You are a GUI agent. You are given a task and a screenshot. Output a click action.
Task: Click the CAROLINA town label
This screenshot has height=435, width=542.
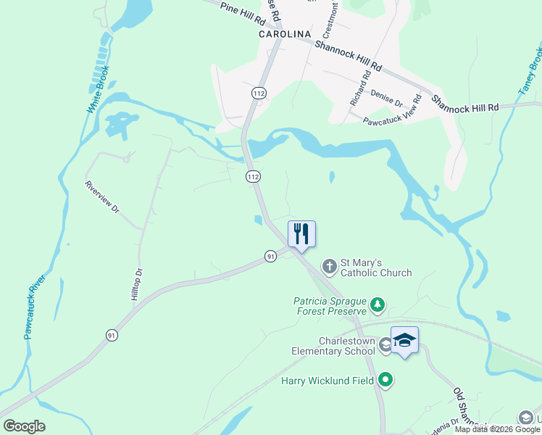pyautogui.click(x=285, y=34)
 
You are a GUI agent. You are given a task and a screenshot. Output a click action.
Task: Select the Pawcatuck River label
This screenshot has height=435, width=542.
pyautogui.click(x=34, y=307)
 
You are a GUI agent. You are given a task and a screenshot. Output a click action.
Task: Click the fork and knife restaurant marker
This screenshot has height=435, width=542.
pyautogui.click(x=301, y=233)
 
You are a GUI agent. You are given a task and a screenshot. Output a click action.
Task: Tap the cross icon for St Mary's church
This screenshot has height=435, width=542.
pyautogui.click(x=329, y=266)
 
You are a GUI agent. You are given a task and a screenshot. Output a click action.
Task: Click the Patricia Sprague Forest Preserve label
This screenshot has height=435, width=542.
pyautogui.click(x=330, y=306)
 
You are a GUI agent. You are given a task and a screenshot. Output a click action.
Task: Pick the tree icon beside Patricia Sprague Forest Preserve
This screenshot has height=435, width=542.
pyautogui.click(x=376, y=306)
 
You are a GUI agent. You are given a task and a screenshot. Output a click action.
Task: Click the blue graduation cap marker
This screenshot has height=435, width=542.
pyautogui.click(x=404, y=339)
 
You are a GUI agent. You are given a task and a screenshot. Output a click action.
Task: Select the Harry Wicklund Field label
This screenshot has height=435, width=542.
pyautogui.click(x=328, y=380)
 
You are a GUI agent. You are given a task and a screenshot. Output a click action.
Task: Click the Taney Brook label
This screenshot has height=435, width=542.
pyautogui.click(x=530, y=70)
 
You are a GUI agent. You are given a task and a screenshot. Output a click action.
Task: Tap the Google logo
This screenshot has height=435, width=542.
pyautogui.click(x=24, y=426)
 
